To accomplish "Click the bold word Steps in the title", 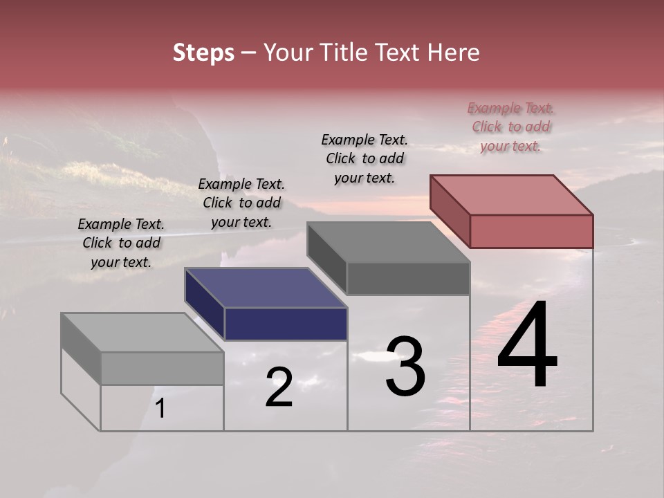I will pos(203,53).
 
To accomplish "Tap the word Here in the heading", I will pos(454,53).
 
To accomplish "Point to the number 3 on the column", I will pos(405,366).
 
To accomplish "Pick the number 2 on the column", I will pos(279,387).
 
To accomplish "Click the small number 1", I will pos(160,408).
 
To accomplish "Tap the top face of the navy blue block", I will pos(266,288).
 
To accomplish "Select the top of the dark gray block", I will pos(389,242).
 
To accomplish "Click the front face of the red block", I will pos(531,231).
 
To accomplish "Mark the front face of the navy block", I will pos(286,324).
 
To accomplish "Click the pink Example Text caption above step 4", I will pos(511,127).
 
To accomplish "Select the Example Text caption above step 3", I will pos(365,158).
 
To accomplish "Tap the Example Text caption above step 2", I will pos(241,203).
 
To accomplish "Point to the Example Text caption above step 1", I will pos(121,243).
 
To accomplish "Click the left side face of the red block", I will pos(450,210).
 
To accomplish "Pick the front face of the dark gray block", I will pos(408,278).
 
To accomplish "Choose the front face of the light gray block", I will pos(162,368).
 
